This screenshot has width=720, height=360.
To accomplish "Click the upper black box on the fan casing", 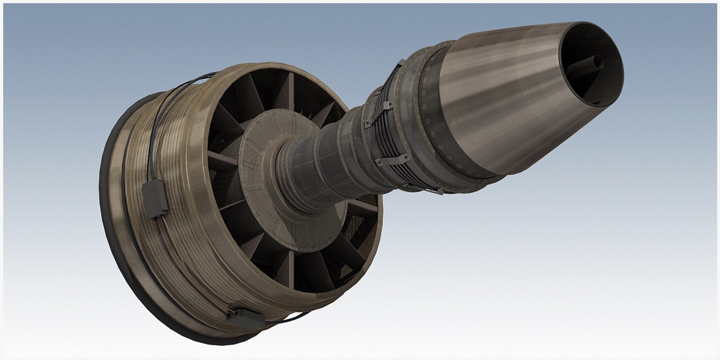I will point(154,198).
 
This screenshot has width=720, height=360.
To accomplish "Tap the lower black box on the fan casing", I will point(244,318).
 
